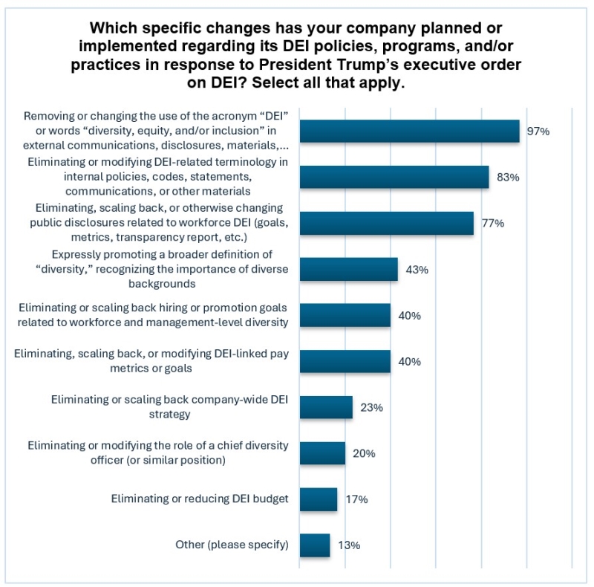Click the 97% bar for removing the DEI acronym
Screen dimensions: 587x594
[x=409, y=131]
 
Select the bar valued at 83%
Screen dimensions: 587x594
[x=394, y=177]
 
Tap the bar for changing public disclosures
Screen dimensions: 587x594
[x=386, y=223]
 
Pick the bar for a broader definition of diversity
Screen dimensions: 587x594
[x=348, y=269]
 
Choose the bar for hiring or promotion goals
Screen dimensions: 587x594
[x=345, y=315]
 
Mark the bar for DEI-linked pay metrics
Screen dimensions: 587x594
[x=345, y=361]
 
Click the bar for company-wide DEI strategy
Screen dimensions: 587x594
[x=326, y=407]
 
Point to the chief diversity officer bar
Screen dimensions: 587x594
[x=322, y=453]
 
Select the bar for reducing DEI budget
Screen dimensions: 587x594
[x=319, y=499]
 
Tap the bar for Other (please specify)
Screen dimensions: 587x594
[x=315, y=545]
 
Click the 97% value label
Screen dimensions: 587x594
[x=538, y=132]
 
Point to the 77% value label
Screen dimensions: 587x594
[x=492, y=224]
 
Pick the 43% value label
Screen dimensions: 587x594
[x=417, y=270]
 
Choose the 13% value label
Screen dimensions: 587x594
[x=349, y=546]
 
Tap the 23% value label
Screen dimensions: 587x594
[x=372, y=408]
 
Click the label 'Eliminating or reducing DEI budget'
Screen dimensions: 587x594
[x=200, y=499]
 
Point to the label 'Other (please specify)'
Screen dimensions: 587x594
[x=232, y=545]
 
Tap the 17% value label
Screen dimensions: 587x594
[x=356, y=500]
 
